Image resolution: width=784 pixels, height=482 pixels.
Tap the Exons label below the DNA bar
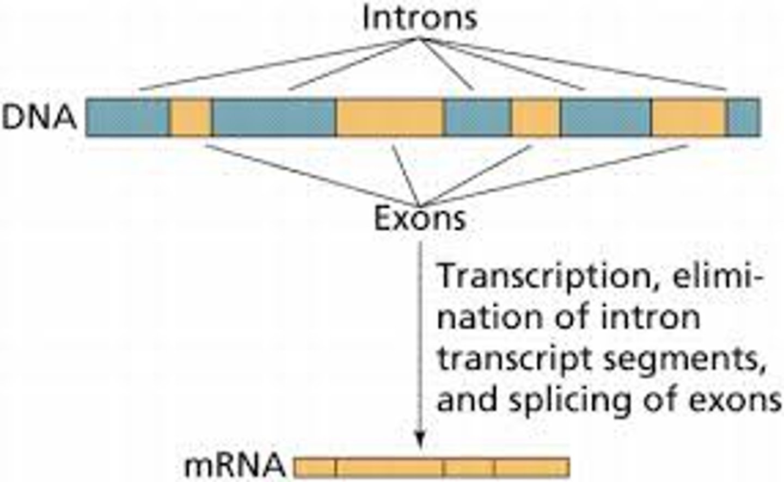[x=419, y=219]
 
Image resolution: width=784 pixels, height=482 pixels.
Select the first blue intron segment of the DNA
[x=127, y=118]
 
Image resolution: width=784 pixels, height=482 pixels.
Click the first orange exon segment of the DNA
[x=191, y=118]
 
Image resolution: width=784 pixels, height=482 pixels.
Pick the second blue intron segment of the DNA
[x=274, y=118]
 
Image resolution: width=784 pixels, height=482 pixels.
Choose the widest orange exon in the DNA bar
[x=390, y=118]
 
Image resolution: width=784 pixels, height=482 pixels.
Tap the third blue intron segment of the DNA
[x=478, y=118]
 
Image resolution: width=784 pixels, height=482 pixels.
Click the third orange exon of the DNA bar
[x=536, y=118]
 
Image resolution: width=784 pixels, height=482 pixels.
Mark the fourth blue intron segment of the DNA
[x=606, y=118]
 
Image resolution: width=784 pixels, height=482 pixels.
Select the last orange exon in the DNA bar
[x=689, y=118]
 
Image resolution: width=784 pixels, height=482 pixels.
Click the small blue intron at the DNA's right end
[x=744, y=118]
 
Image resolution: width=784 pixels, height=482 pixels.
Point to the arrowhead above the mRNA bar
[x=420, y=442]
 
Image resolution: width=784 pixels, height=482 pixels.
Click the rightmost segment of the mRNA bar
[x=532, y=467]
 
